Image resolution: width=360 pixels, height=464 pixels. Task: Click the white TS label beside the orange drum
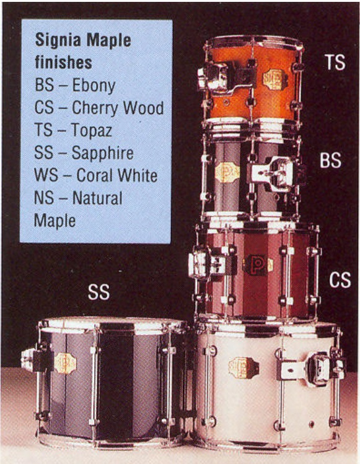point(335,62)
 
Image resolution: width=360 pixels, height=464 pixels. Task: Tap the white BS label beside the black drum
point(330,160)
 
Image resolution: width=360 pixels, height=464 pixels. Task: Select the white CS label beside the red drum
point(340,280)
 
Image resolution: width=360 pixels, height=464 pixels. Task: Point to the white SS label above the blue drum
point(99,292)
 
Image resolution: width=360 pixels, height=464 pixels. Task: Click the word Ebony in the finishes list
point(94,86)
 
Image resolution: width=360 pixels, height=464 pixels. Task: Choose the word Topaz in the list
point(92,131)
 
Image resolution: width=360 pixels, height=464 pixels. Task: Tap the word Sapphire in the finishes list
point(102,153)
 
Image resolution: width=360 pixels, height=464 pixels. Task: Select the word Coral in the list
point(92,175)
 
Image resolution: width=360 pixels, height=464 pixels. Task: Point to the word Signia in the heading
point(58,40)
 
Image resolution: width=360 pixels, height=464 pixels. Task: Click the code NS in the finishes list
point(44,198)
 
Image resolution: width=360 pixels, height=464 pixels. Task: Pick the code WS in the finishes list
point(46,175)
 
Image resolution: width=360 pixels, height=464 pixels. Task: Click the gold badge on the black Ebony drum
point(227,172)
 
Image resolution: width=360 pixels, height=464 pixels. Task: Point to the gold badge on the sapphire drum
point(65,363)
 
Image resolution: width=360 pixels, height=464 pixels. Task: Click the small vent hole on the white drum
point(311,424)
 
